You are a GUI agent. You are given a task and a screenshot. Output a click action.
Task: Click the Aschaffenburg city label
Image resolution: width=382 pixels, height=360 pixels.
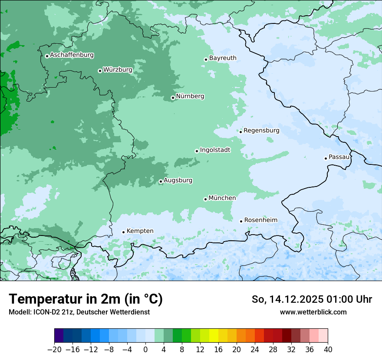[x=72, y=55]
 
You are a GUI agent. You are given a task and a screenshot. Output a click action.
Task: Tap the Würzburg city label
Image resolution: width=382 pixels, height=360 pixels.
[x=118, y=70]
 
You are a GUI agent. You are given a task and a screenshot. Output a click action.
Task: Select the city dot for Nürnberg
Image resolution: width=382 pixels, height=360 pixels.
[x=173, y=98]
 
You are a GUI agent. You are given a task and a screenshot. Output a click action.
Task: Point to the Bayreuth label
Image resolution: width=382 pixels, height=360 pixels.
[x=223, y=58]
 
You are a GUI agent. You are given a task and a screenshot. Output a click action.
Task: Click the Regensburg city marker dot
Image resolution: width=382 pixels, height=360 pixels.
[x=240, y=132]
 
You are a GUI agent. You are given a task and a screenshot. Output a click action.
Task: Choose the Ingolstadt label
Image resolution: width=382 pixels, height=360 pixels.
[x=215, y=150]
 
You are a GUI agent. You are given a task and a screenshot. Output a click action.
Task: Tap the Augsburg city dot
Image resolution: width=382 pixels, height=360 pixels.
[x=161, y=182]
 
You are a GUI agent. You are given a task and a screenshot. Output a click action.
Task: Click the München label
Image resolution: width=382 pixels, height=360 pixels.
[x=222, y=198]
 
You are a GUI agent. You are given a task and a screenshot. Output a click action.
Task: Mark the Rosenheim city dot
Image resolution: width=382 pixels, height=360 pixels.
[x=241, y=221]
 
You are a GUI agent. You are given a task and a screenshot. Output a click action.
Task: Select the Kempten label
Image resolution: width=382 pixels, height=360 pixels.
[x=140, y=231]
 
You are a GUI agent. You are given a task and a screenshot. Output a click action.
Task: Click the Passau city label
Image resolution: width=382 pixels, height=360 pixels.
[x=339, y=157]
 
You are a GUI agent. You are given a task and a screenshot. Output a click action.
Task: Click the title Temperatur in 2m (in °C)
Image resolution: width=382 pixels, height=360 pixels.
[x=86, y=299]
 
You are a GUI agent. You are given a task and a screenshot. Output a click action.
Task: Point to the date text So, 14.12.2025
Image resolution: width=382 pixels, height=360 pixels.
[x=287, y=299]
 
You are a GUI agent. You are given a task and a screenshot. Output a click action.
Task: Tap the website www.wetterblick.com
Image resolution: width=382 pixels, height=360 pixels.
[x=313, y=312]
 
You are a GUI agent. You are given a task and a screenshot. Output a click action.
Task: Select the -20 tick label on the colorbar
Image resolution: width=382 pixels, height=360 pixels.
[x=54, y=350]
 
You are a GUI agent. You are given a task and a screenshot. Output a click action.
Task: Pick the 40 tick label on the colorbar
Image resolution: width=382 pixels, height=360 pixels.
[x=328, y=350]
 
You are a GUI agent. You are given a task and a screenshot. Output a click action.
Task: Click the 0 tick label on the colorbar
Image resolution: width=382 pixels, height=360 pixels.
[x=145, y=350]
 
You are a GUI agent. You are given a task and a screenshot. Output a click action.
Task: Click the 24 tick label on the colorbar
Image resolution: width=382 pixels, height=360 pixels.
[x=255, y=350]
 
